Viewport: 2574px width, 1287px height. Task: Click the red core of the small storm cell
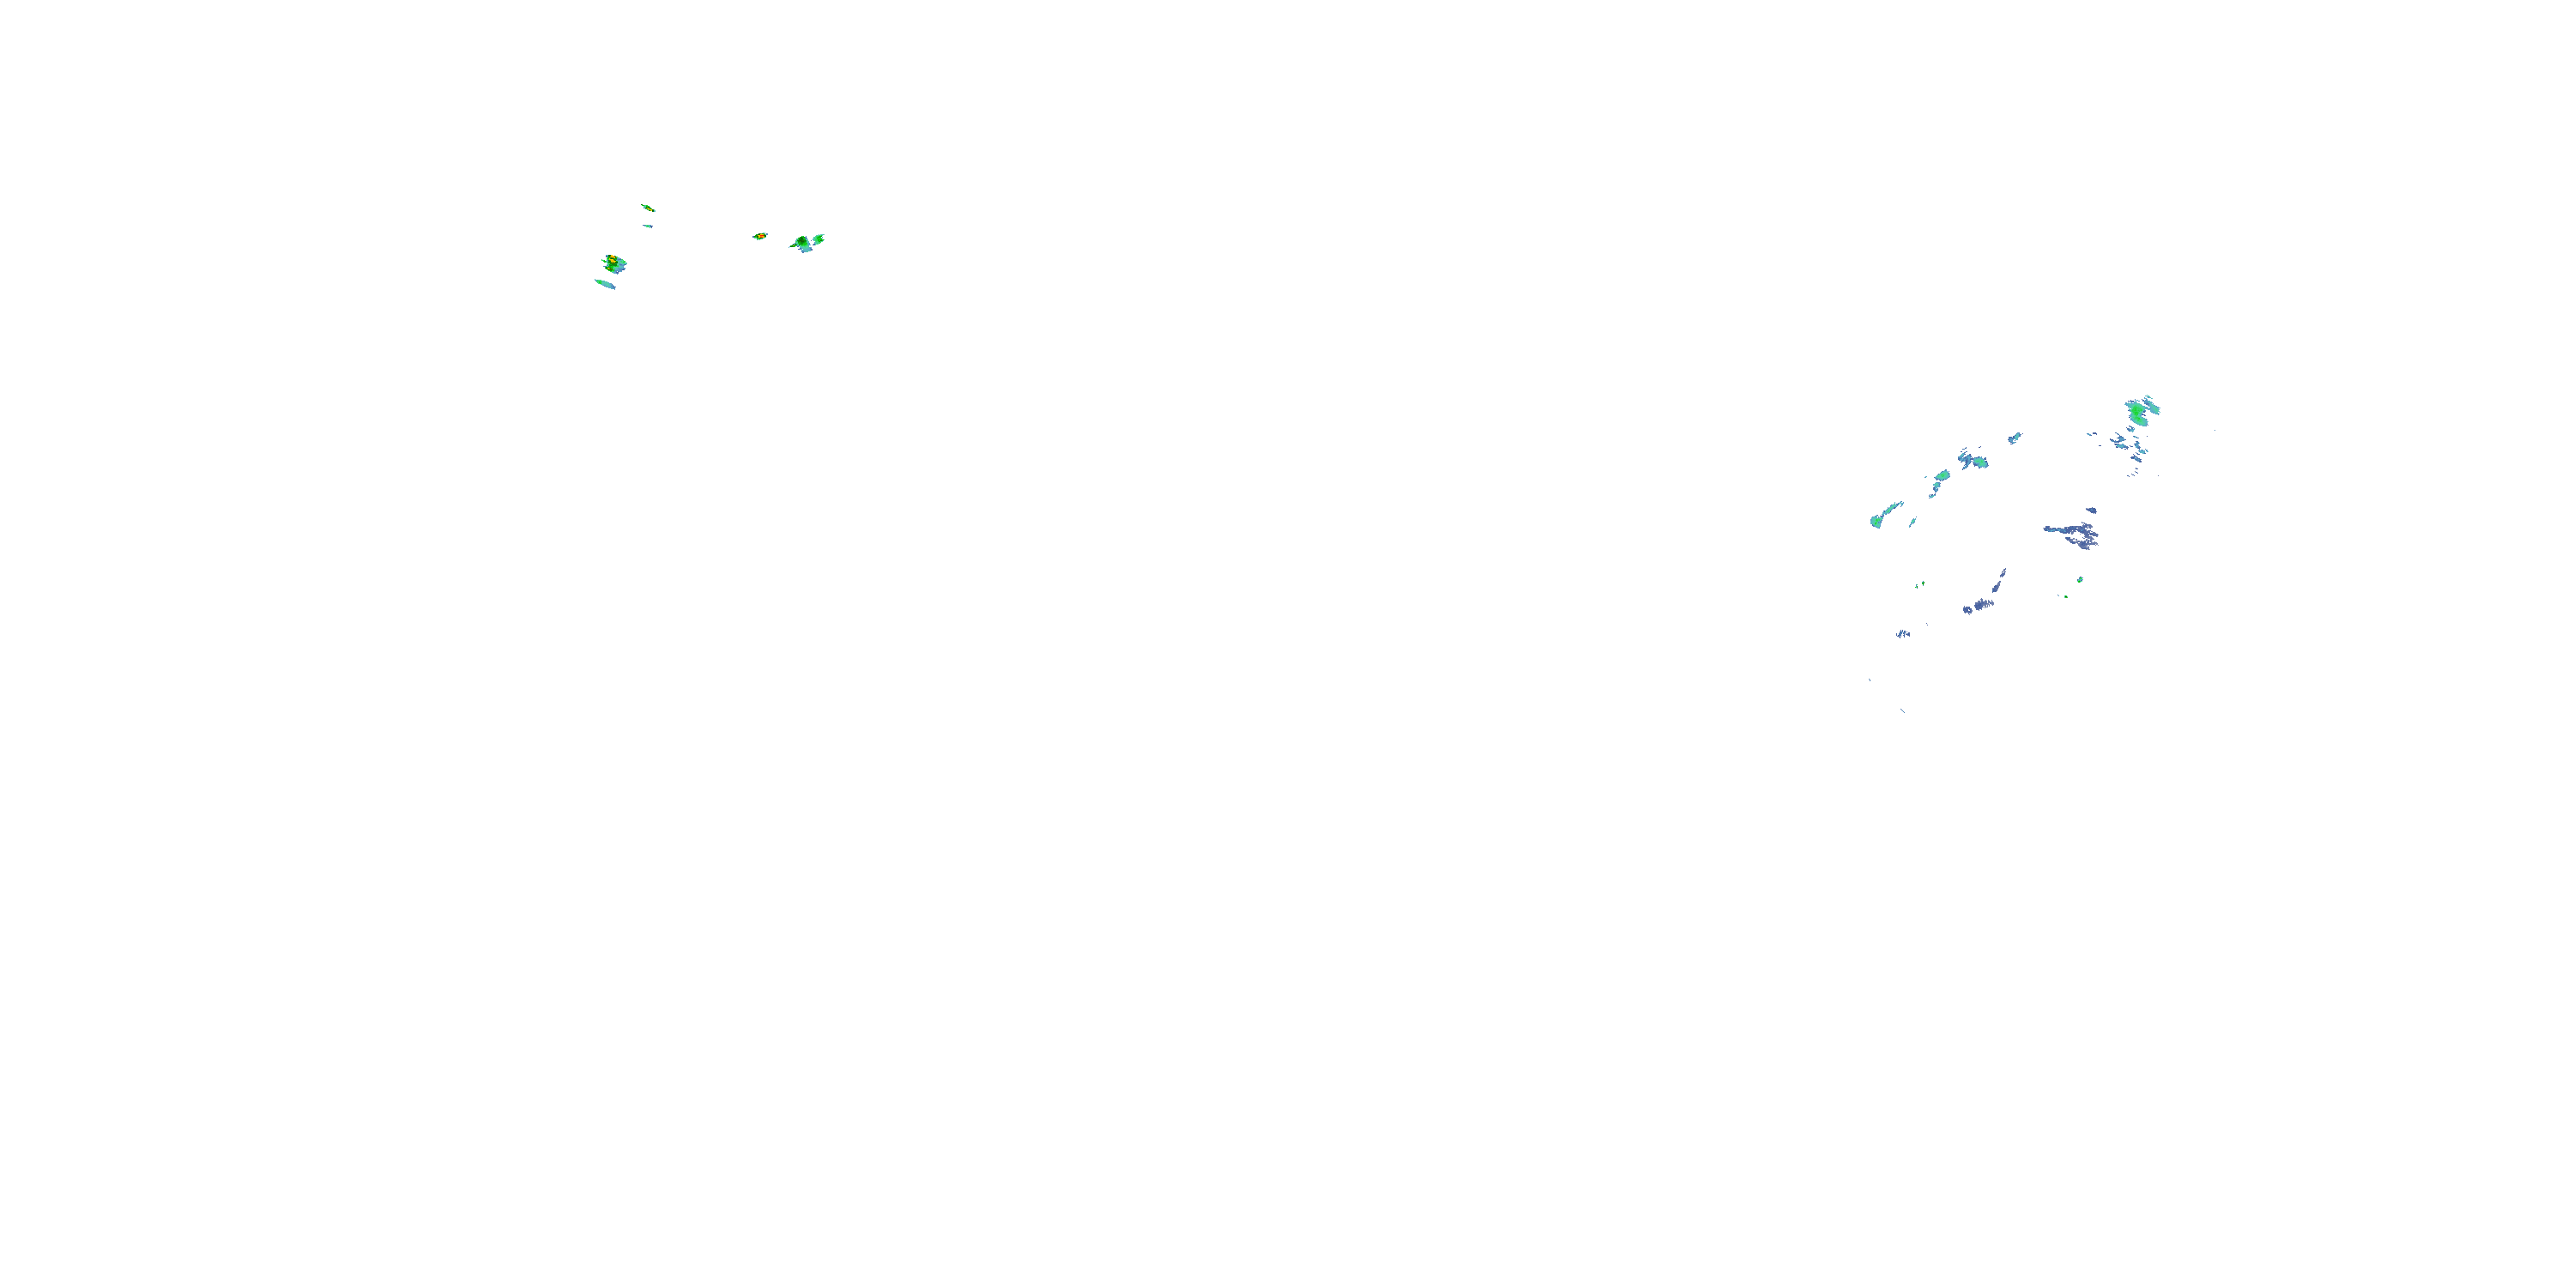point(760,236)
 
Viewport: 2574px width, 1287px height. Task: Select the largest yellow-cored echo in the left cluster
point(612,263)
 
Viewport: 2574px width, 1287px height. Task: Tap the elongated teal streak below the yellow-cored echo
point(606,284)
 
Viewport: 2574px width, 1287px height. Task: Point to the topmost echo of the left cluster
point(648,208)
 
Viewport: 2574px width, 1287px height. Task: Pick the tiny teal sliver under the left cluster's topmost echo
point(648,226)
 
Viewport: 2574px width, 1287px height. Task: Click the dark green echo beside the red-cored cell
point(801,243)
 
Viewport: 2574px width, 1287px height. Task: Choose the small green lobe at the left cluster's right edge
point(819,238)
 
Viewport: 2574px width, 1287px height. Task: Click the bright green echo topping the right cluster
point(2139,409)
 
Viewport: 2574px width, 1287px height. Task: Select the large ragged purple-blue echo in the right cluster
point(2075,535)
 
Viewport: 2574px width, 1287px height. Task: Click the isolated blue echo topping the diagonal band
point(2015,438)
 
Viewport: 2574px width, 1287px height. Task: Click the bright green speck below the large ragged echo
point(2081,579)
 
